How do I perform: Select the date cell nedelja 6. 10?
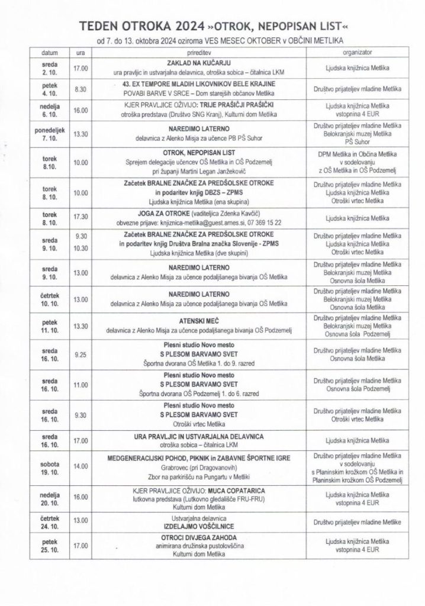[x=50, y=109]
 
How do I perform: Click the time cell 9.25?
[x=81, y=356]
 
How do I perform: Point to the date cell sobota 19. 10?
[x=50, y=466]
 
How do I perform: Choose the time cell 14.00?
[x=81, y=466]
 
